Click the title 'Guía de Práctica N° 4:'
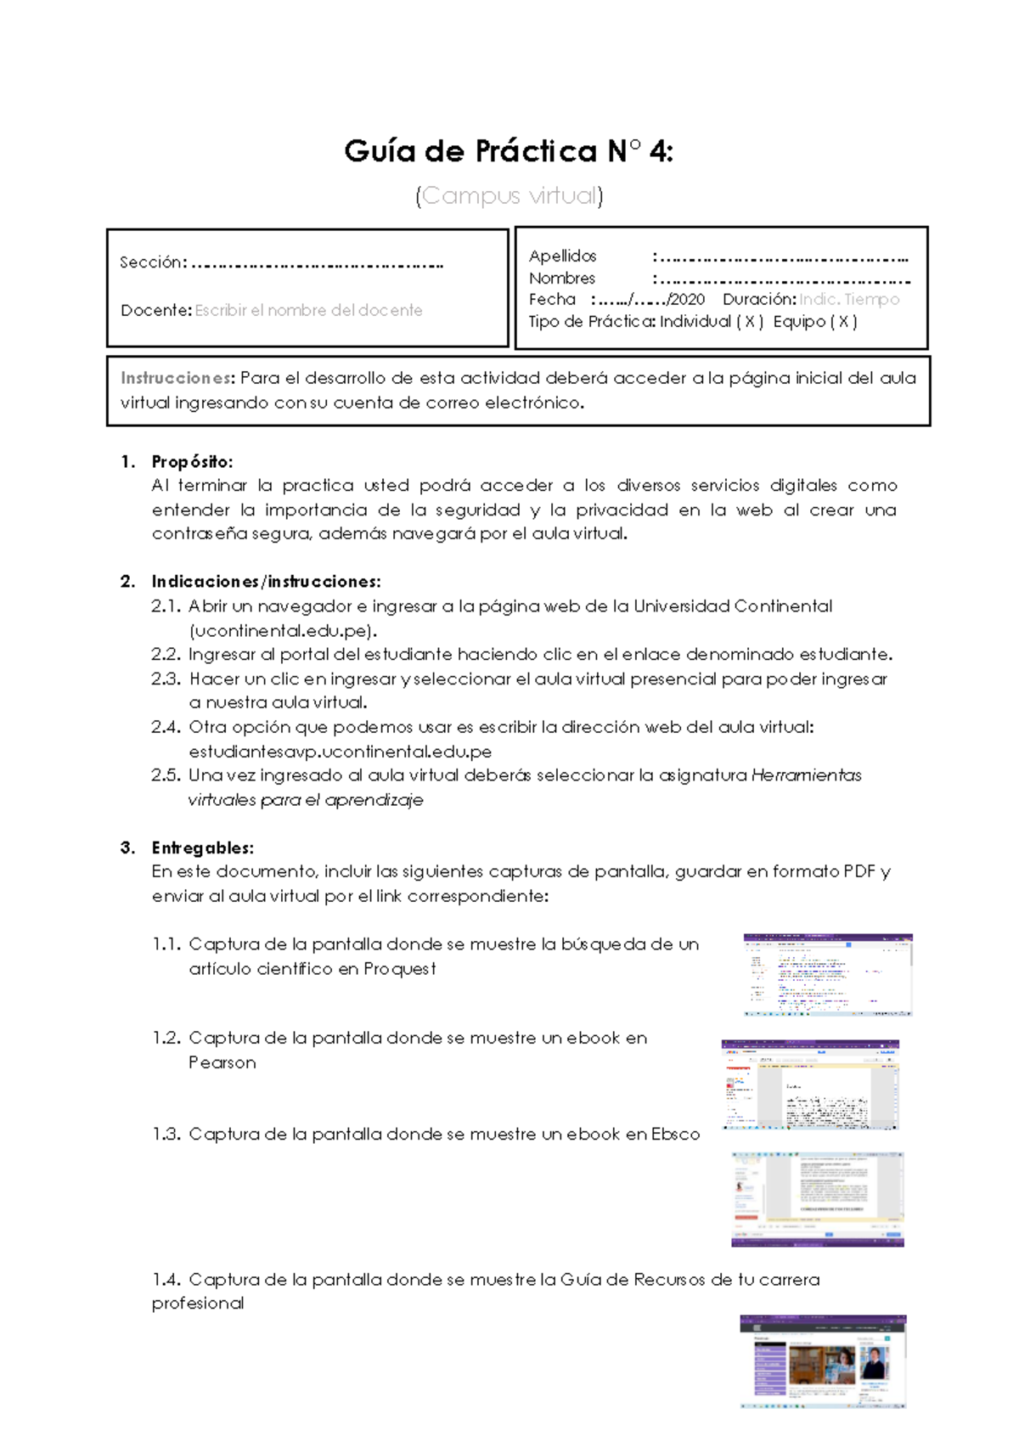pyautogui.click(x=508, y=152)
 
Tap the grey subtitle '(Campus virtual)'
pyautogui.click(x=509, y=196)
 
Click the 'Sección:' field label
pyautogui.click(x=153, y=262)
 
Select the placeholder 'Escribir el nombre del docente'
pyautogui.click(x=308, y=311)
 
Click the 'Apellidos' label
pyautogui.click(x=562, y=256)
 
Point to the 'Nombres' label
pyautogui.click(x=561, y=279)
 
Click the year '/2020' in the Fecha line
pyautogui.click(x=686, y=300)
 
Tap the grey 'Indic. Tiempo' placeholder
pyautogui.click(x=848, y=300)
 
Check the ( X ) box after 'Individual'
pyautogui.click(x=750, y=322)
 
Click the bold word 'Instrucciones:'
pyautogui.click(x=177, y=378)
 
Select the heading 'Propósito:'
pyautogui.click(x=192, y=462)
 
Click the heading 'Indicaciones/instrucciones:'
pyautogui.click(x=266, y=582)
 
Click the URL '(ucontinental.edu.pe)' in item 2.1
pyautogui.click(x=283, y=631)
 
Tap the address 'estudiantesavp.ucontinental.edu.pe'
pyautogui.click(x=340, y=752)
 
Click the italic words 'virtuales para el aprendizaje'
pyautogui.click(x=305, y=800)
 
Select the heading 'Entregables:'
pyautogui.click(x=202, y=848)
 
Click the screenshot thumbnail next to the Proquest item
pyautogui.click(x=827, y=975)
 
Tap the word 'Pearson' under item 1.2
pyautogui.click(x=222, y=1062)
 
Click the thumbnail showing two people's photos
pyautogui.click(x=822, y=1361)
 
